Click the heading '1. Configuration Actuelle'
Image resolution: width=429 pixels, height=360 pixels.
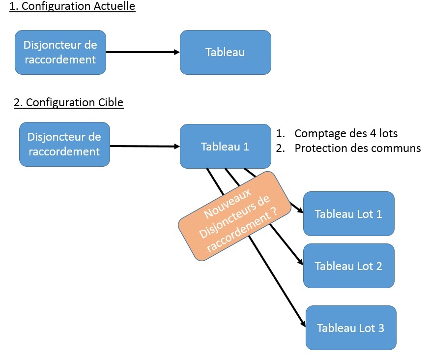pos(72,6)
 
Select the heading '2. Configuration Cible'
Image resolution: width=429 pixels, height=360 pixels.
pos(68,102)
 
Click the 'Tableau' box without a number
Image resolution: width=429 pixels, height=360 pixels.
pos(225,52)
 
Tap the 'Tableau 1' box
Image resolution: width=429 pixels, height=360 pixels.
pos(225,146)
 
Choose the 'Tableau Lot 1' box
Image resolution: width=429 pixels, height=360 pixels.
pos(348,214)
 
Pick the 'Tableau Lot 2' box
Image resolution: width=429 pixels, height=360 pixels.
pos(348,266)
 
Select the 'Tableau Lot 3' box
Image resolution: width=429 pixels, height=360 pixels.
pos(350,328)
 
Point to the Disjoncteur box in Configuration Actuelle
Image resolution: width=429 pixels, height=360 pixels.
pos(60,52)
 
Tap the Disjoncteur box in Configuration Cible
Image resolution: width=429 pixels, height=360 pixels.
pos(64,144)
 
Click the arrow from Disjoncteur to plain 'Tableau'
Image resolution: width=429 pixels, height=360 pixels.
pos(143,52)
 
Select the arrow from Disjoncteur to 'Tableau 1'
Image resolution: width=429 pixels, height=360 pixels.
pos(145,146)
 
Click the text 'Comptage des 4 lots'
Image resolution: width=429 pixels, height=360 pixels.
pos(346,133)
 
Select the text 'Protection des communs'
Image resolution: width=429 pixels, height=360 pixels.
pos(357,148)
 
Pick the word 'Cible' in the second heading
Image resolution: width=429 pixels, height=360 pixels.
pos(111,102)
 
